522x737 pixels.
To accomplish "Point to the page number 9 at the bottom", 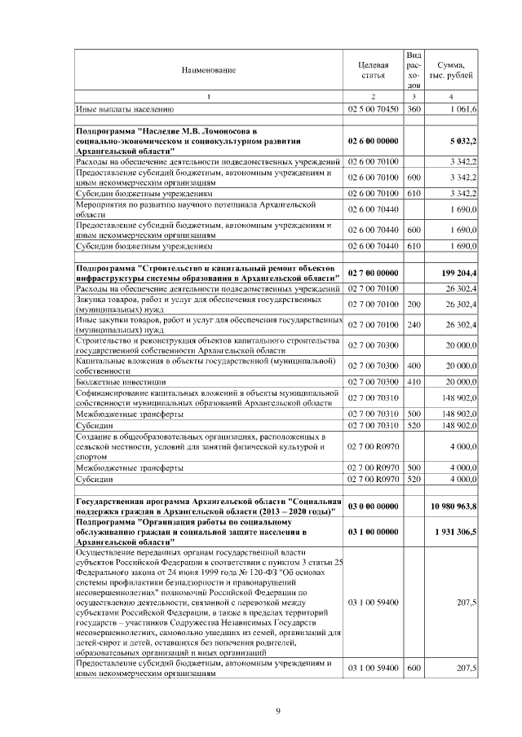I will pyautogui.click(x=278, y=711).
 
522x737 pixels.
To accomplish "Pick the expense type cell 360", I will pyautogui.click(x=414, y=108).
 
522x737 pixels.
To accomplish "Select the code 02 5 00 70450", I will pyautogui.click(x=373, y=108).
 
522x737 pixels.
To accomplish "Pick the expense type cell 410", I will pyautogui.click(x=414, y=381).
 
